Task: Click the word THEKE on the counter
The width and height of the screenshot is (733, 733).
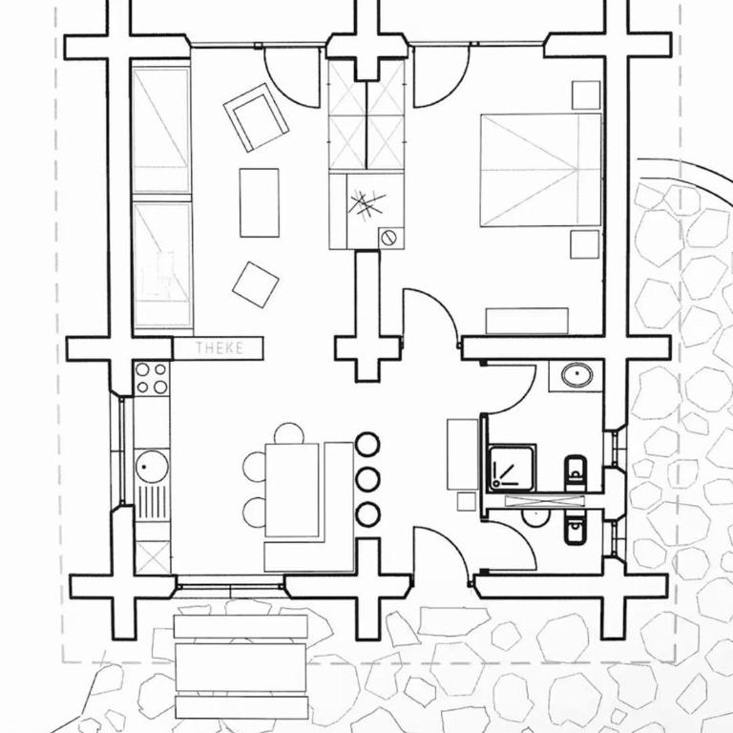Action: point(220,347)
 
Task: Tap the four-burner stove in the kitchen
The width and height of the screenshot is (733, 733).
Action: point(152,378)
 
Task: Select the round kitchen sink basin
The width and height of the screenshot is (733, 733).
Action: point(152,467)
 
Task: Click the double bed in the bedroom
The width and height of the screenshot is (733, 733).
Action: point(541,170)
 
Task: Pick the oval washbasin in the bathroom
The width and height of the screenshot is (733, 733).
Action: point(577,375)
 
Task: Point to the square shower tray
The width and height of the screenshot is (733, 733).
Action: point(512,468)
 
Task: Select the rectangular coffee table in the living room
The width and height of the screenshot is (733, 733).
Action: point(260,202)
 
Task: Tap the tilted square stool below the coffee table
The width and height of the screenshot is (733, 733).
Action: point(256,284)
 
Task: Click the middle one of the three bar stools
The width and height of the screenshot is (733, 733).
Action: point(367,479)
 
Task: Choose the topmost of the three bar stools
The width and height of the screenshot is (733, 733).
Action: point(367,444)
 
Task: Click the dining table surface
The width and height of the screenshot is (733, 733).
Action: point(292,490)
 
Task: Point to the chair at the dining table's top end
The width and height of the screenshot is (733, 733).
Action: point(289,433)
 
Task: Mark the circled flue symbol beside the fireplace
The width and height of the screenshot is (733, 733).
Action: point(388,238)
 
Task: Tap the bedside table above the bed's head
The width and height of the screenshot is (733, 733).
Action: point(586,94)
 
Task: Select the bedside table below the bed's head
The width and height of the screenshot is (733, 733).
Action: point(585,244)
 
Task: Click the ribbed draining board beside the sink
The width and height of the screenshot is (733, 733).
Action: point(152,503)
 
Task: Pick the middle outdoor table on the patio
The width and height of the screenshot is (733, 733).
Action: point(241,667)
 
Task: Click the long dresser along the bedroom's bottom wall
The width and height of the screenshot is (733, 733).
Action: point(527,321)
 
